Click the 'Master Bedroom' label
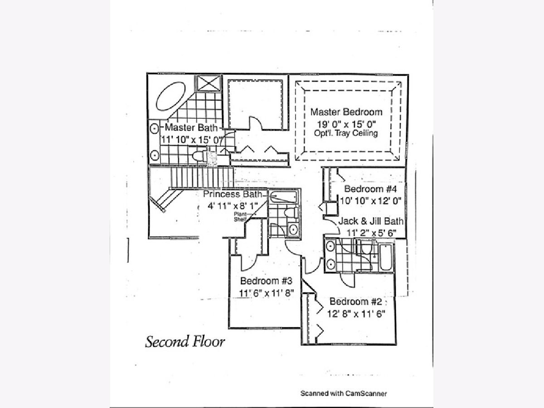click(346, 112)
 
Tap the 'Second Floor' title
click(185, 341)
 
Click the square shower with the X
click(208, 83)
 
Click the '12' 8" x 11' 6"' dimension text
click(356, 313)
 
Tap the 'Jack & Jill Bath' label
click(371, 222)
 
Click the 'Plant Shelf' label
click(240, 217)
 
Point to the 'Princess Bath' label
click(233, 194)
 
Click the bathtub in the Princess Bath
click(283, 197)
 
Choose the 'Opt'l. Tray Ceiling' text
click(346, 134)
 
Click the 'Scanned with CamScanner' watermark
click(344, 393)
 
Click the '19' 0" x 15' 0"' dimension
click(346, 124)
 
